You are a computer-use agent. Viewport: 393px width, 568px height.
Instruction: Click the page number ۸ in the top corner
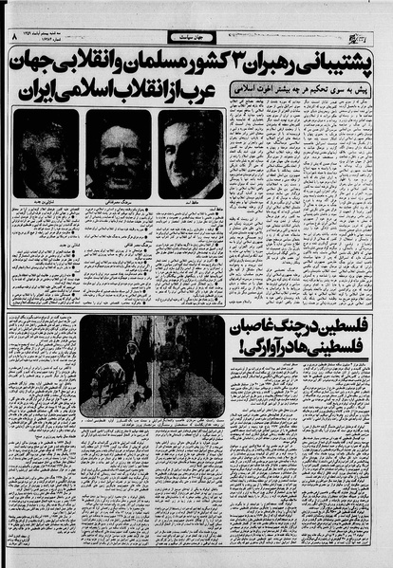[12, 37]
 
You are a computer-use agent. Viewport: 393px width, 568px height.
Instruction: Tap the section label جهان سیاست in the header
[193, 37]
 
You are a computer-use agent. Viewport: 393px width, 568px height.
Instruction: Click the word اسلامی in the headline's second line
[91, 95]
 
